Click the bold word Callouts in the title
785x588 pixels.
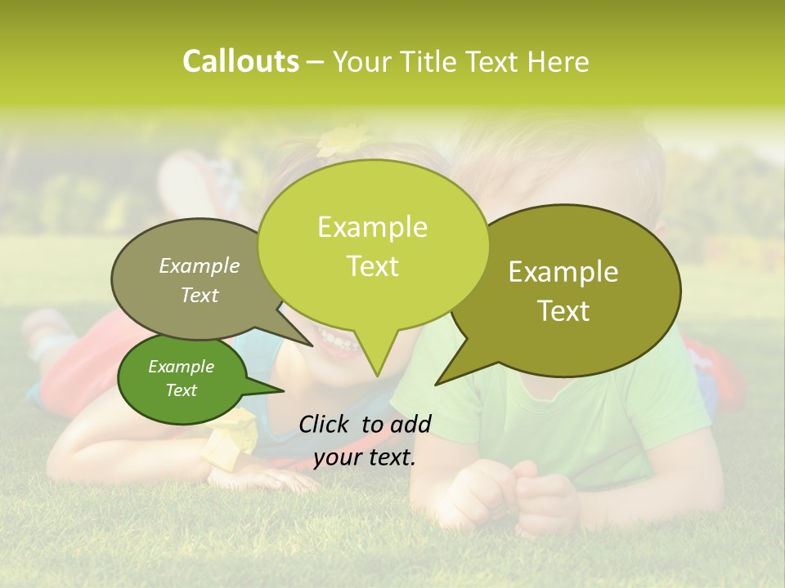(x=240, y=61)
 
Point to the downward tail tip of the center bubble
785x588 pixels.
(x=376, y=375)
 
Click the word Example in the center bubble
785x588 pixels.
(x=372, y=227)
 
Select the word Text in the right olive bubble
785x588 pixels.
(x=563, y=310)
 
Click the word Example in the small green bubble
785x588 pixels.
(x=181, y=367)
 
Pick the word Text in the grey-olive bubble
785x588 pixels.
(x=200, y=296)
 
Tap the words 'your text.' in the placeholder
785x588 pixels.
(x=365, y=457)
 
